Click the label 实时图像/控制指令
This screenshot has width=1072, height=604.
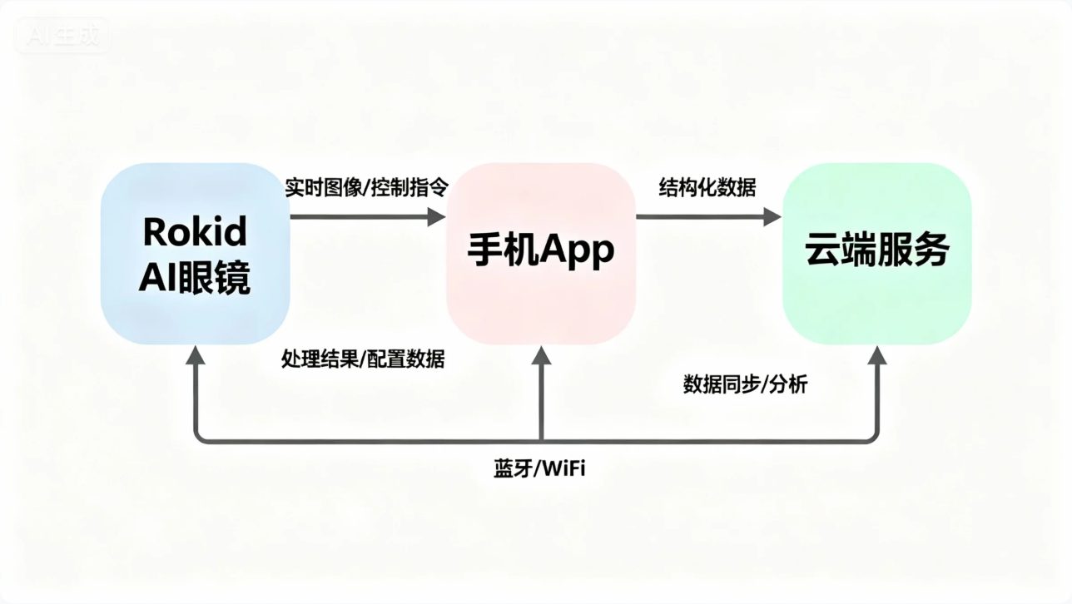(x=366, y=187)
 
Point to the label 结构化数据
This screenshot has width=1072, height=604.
(x=707, y=187)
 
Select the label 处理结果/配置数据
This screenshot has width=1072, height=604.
(x=363, y=359)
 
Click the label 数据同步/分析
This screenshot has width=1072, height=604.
(x=745, y=384)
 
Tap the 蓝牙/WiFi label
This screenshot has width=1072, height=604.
(x=539, y=468)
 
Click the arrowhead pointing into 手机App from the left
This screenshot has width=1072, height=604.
(x=437, y=217)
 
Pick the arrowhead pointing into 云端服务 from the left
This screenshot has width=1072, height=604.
(x=772, y=217)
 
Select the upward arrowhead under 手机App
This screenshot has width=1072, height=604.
(x=542, y=356)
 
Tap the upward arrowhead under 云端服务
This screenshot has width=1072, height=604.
(x=877, y=356)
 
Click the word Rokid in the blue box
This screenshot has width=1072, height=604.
(x=195, y=232)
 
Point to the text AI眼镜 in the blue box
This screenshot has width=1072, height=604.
(x=195, y=279)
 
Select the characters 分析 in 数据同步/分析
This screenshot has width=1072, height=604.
(x=788, y=384)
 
